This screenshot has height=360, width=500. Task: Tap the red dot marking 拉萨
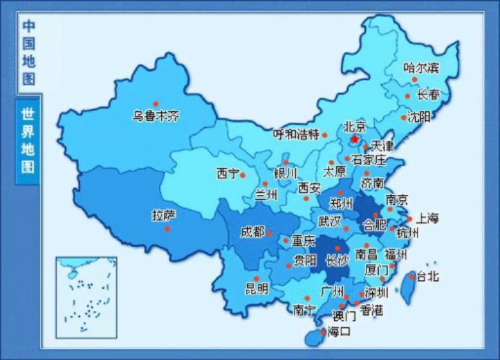click(168, 228)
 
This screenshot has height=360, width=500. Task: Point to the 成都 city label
click(252, 232)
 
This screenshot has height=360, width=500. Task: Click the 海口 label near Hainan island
click(339, 332)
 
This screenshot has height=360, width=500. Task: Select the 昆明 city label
click(257, 289)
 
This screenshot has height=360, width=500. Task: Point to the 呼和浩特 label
click(296, 135)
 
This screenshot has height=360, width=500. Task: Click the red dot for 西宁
click(242, 174)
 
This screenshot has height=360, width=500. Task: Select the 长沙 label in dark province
click(337, 261)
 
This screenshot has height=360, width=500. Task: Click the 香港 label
click(371, 310)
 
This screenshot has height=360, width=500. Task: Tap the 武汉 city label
click(329, 220)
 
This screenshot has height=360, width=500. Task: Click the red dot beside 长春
click(408, 96)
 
